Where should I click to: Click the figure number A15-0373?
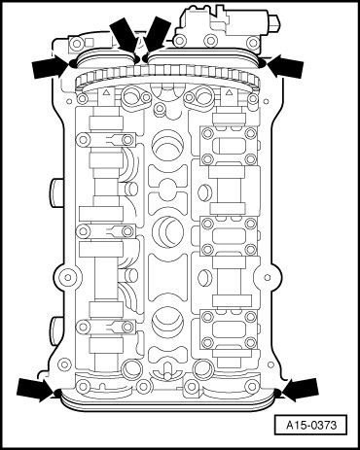click(311, 425)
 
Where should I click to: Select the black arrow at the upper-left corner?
click(51, 67)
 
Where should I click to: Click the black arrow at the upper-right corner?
click(285, 66)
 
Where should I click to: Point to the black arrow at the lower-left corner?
click(35, 389)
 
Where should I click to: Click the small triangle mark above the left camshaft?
click(106, 92)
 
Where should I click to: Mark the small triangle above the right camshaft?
click(229, 92)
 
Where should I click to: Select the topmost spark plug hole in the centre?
click(167, 146)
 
